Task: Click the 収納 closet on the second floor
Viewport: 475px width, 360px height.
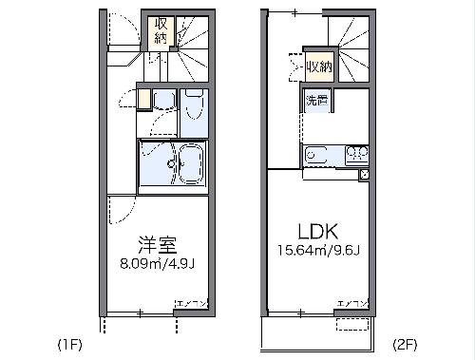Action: point(320,66)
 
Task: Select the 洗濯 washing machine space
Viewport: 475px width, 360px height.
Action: point(316,99)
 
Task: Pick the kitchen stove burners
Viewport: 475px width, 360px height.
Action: point(356,152)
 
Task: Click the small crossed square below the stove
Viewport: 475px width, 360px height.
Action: point(364,175)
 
